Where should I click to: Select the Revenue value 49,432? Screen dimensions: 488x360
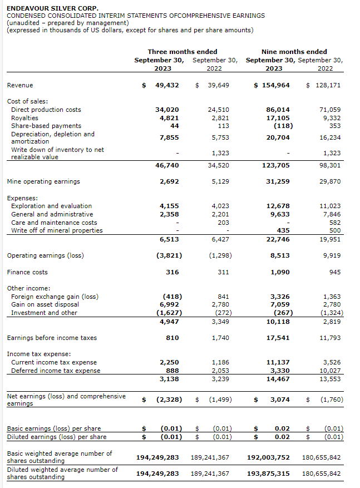(167, 85)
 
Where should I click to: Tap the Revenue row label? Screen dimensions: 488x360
(20, 85)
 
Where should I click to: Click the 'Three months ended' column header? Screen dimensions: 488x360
(183, 52)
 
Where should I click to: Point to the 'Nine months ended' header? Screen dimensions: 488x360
(294, 52)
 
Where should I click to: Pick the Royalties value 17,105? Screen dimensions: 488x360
(278, 118)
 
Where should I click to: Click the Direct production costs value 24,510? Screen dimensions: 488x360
(218, 110)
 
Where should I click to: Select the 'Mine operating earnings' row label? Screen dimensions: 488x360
(43, 181)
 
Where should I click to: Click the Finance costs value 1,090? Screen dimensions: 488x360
(280, 272)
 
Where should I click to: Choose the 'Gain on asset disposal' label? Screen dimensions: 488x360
(45, 304)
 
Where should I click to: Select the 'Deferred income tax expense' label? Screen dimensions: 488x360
(56, 371)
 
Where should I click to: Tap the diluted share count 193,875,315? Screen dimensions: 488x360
(268, 474)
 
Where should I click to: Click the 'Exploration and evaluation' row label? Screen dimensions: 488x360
(52, 206)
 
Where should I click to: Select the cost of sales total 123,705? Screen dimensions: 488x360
(276, 165)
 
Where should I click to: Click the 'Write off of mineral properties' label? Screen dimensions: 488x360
(57, 230)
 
